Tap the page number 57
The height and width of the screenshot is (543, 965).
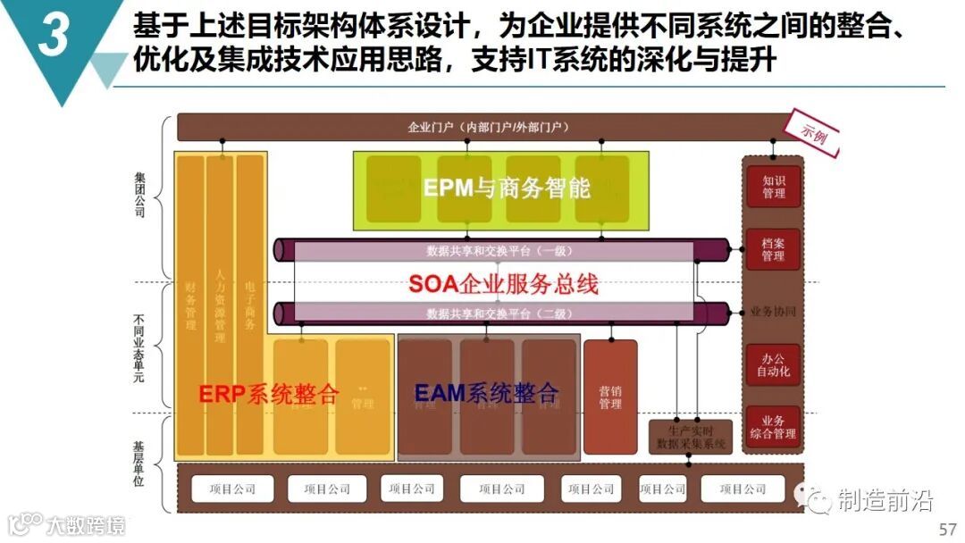pyautogui.click(x=947, y=530)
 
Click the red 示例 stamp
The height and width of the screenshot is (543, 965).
pyautogui.click(x=814, y=134)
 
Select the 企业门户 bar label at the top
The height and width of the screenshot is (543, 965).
pyautogui.click(x=489, y=128)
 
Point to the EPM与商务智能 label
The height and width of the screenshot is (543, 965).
pyautogui.click(x=507, y=188)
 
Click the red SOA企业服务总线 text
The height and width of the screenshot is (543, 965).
pyautogui.click(x=503, y=284)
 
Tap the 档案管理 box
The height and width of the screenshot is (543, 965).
pyautogui.click(x=773, y=250)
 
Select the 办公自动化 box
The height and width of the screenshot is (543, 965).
pyautogui.click(x=773, y=364)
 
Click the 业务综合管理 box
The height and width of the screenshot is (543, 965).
pyautogui.click(x=773, y=427)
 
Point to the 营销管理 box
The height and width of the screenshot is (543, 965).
pyautogui.click(x=610, y=397)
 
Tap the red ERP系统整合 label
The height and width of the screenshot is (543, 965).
pyautogui.click(x=269, y=394)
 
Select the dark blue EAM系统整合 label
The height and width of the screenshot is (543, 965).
pyautogui.click(x=487, y=392)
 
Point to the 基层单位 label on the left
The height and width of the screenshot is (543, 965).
pyautogui.click(x=138, y=462)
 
